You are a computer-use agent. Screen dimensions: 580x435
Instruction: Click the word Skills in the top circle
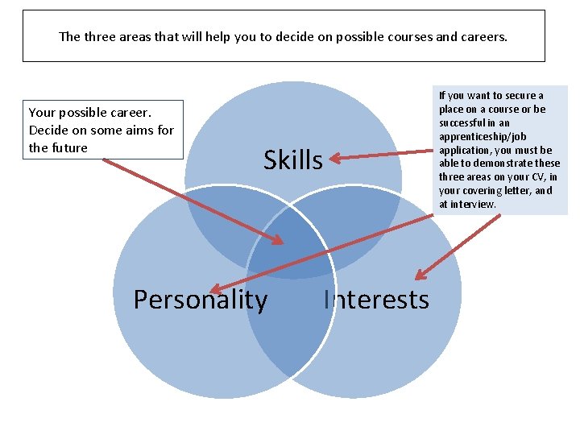292,160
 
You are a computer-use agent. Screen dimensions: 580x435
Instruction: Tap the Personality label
200,300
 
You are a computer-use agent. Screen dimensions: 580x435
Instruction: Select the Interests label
377,300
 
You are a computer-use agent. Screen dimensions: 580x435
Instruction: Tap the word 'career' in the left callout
130,113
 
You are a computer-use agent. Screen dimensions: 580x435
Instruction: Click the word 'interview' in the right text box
474,205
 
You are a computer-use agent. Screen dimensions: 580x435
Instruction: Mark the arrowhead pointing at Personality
213,289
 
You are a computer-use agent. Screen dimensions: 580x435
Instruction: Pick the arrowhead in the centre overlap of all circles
279,239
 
